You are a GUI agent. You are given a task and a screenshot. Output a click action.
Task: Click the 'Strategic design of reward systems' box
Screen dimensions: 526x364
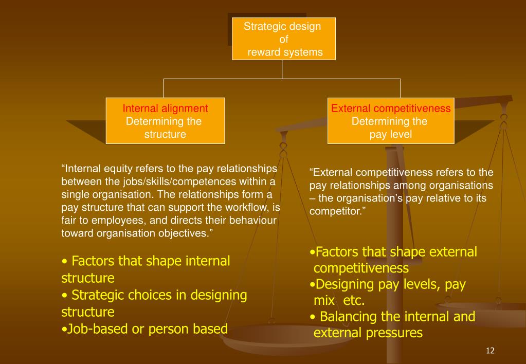[x=283, y=39]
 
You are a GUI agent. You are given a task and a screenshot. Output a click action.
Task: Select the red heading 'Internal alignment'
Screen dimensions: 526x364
[x=165, y=108]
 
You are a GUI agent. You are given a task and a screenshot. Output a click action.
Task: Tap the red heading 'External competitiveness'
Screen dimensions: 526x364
[x=391, y=108]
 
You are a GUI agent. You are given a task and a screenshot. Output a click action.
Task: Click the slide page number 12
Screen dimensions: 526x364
[x=489, y=351]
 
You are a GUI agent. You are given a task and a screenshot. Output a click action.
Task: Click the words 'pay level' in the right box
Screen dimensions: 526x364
[x=391, y=134]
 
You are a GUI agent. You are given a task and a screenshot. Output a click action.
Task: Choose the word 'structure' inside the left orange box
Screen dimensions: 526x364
[x=165, y=134]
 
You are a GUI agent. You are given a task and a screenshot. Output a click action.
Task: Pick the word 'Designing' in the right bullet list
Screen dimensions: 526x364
[x=342, y=285]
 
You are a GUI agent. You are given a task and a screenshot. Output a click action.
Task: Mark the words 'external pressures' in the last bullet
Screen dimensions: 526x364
[x=368, y=333]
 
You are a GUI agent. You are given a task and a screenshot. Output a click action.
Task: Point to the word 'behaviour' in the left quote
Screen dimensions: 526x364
[x=256, y=220]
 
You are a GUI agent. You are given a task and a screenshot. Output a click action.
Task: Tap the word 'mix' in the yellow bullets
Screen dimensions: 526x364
[x=324, y=301]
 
